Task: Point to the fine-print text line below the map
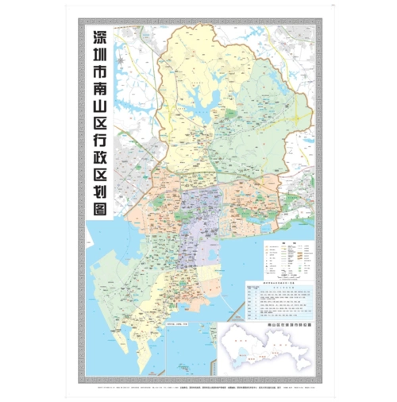(x=198, y=381)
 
